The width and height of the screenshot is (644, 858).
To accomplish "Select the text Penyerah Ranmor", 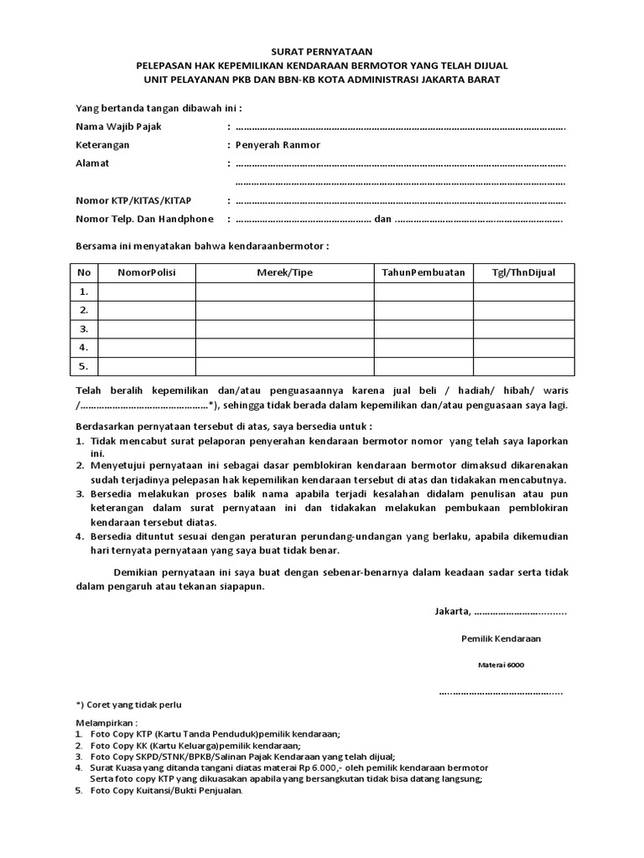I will click(278, 145).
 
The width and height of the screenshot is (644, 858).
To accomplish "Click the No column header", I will click(84, 272).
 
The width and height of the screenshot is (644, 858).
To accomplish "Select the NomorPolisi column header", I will click(147, 272).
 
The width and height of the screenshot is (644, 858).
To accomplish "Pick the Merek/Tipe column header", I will click(284, 272).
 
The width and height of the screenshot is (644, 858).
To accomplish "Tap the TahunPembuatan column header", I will click(423, 272).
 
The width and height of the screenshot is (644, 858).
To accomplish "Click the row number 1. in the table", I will click(84, 292).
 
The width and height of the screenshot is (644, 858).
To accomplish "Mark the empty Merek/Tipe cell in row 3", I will click(284, 328).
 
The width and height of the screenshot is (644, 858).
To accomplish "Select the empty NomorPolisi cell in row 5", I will click(147, 366).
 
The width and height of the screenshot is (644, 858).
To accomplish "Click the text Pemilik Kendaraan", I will click(501, 638).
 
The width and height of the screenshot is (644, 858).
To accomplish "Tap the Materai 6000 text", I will click(501, 665).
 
